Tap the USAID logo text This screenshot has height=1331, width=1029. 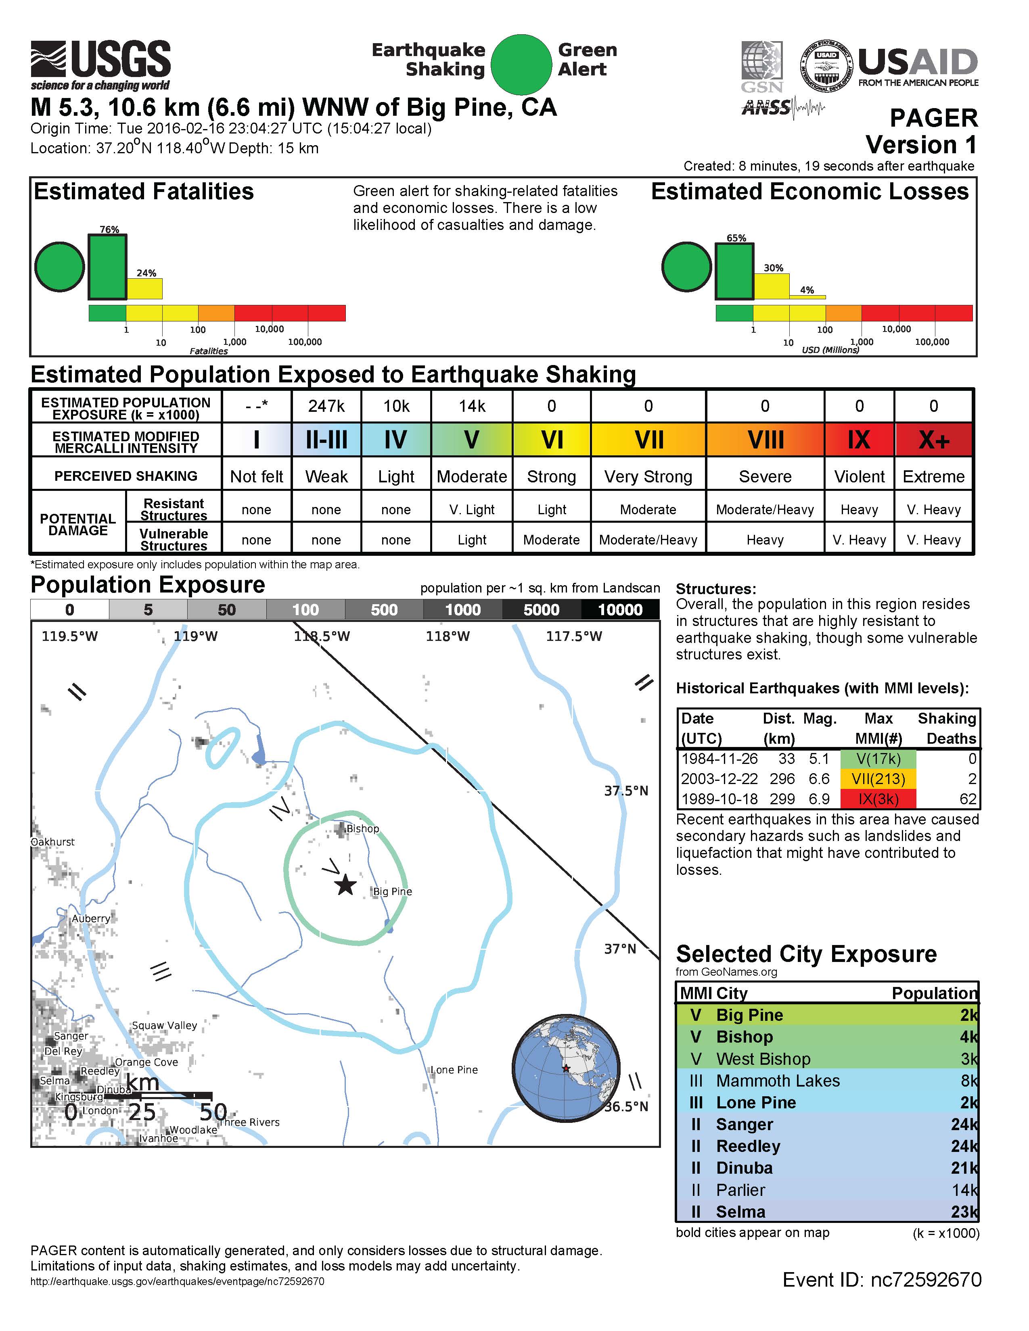918,63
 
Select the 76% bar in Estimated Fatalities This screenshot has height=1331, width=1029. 108,267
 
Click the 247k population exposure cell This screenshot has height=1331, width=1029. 326,406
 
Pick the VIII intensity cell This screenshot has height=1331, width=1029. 765,439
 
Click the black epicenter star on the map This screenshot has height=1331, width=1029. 346,885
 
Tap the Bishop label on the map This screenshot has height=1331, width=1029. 363,829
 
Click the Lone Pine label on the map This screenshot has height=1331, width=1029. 454,1070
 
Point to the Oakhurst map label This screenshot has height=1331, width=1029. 53,842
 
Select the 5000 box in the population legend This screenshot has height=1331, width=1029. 541,609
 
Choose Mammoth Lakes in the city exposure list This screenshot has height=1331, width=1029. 778,1081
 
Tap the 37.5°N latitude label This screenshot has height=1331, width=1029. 626,791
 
